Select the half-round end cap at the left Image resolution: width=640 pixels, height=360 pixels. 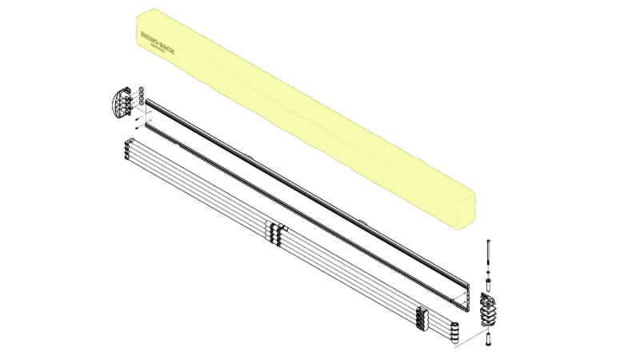pos(119,102)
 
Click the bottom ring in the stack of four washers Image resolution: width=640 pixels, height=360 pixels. pos(142,103)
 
